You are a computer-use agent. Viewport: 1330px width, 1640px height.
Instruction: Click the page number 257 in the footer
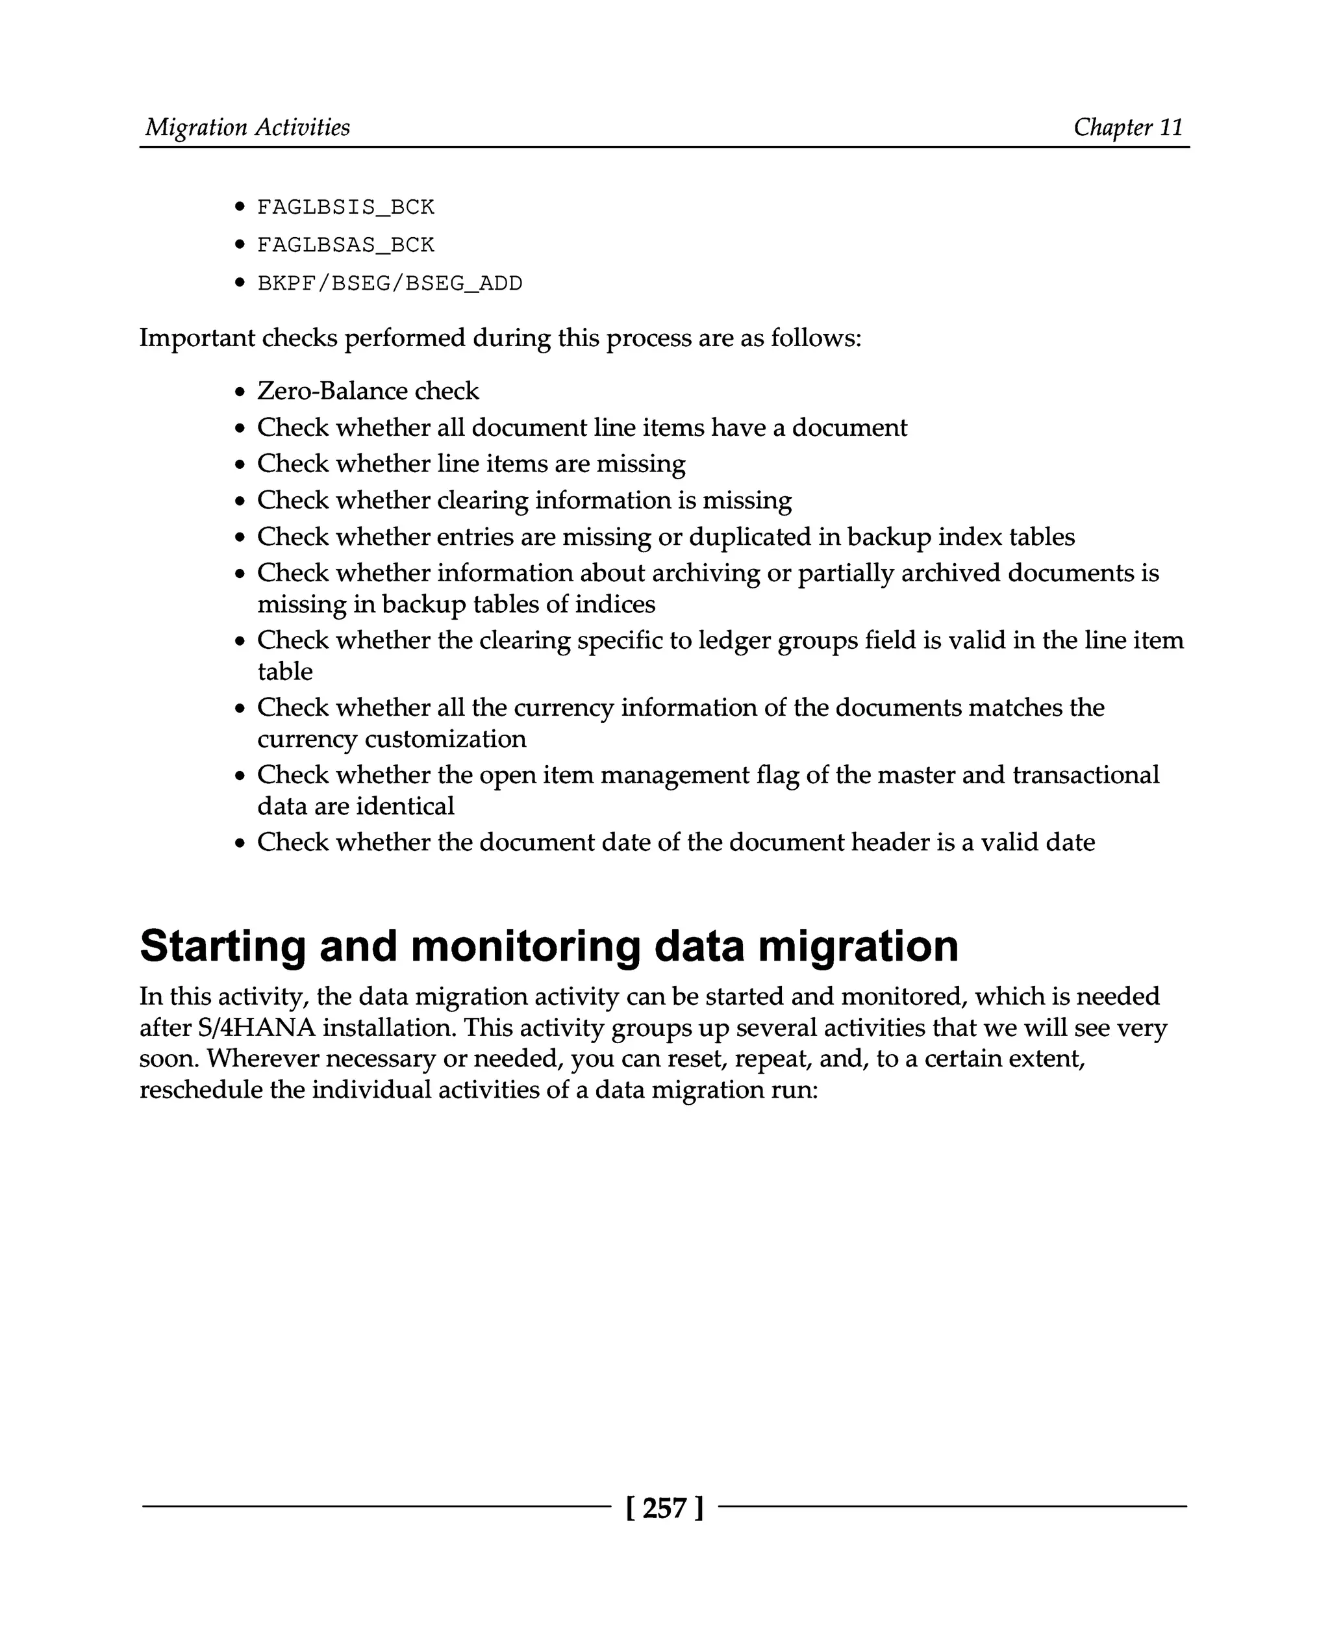click(x=664, y=1508)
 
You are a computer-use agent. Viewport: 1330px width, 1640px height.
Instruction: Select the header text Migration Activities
click(x=247, y=127)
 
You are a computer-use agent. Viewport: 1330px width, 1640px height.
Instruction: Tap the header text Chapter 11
click(x=1128, y=127)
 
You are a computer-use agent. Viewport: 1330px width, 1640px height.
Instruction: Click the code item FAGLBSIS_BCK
click(x=345, y=207)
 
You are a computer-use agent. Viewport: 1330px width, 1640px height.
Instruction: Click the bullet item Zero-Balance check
click(x=368, y=391)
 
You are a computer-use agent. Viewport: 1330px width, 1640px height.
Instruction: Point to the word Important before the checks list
click(x=197, y=338)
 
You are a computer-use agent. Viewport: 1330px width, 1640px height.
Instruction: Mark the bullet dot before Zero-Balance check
click(x=240, y=392)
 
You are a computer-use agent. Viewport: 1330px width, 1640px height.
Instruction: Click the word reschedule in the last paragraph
click(x=201, y=1090)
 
